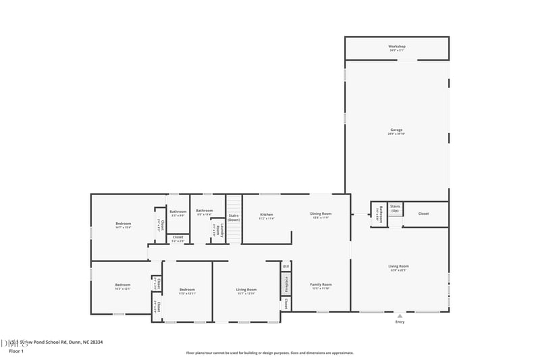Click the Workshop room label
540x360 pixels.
point(397,47)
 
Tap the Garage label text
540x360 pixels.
point(396,130)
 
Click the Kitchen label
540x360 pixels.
point(267,215)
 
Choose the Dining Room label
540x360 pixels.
point(321,214)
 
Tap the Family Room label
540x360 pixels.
point(321,285)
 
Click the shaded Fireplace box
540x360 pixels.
point(286,283)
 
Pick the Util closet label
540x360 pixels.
point(286,265)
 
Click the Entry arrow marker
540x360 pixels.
point(400,315)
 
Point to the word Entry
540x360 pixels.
point(400,322)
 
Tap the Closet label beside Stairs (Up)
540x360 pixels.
point(423,214)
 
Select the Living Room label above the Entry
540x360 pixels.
point(398,267)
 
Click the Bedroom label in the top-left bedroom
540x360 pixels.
point(123,224)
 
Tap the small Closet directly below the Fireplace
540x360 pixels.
point(286,304)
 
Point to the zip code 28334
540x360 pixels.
point(94,342)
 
